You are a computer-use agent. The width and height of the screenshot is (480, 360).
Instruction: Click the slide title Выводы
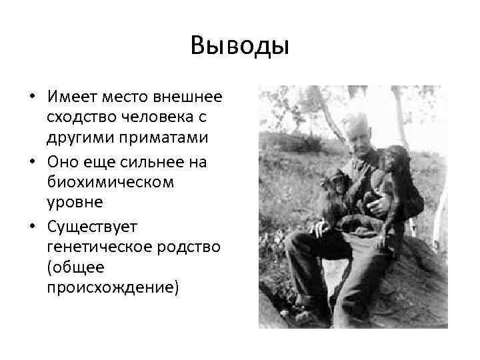click(239, 46)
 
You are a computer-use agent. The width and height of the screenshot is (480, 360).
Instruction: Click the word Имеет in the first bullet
click(71, 97)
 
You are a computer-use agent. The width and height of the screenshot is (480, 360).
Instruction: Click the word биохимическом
click(110, 182)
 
